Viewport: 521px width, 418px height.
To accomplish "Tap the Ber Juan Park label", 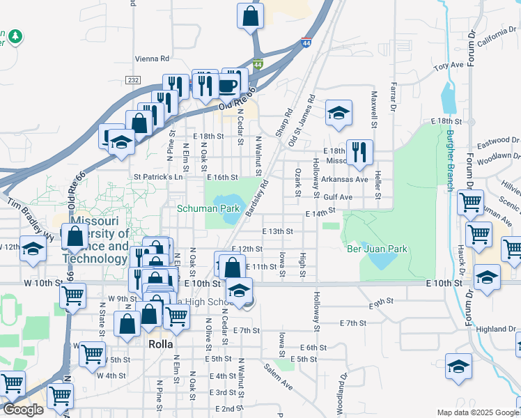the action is tap(377, 249).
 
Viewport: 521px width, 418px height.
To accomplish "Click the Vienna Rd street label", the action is tap(152, 59).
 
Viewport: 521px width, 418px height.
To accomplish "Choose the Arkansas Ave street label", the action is tap(345, 179).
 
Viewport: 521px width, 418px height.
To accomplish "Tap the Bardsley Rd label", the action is tap(256, 198).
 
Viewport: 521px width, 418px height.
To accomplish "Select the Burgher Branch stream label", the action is tap(451, 161).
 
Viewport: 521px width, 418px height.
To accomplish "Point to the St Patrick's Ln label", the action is tap(158, 178).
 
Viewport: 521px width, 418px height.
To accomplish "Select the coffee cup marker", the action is tap(228, 86).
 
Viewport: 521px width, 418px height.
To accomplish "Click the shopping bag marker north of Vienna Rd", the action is tap(250, 15).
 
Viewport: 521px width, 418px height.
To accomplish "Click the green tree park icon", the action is tap(13, 36).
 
